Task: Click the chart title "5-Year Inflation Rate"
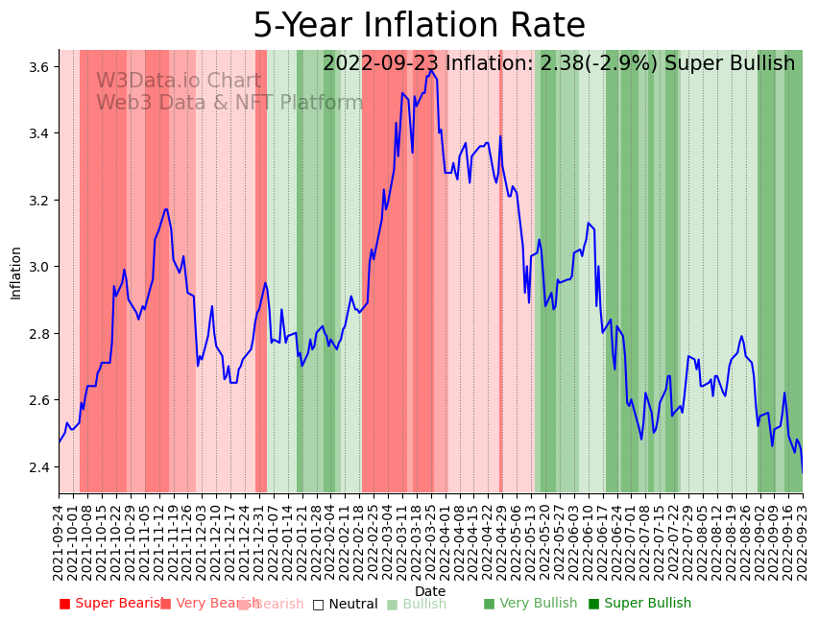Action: (419, 26)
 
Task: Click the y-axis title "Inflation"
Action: (15, 273)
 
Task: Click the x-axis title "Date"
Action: (430, 591)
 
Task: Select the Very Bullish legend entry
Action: (530, 604)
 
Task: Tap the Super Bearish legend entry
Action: (113, 604)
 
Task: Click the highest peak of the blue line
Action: (431, 70)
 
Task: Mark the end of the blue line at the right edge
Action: (803, 471)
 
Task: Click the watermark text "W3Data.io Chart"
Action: (179, 82)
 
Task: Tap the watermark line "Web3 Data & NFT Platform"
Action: (229, 104)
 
